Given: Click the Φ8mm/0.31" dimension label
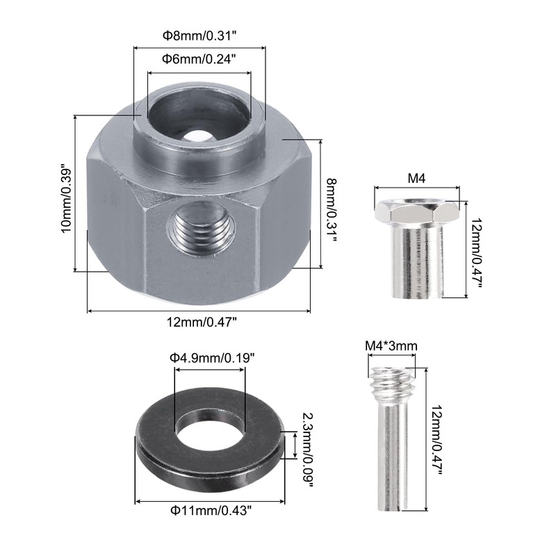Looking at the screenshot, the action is (x=199, y=36).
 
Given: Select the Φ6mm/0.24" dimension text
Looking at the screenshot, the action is (x=199, y=59).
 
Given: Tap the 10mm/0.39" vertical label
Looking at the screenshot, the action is (x=66, y=198).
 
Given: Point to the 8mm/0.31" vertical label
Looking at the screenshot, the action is (x=332, y=211).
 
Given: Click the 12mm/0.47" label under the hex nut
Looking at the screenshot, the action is (x=202, y=322).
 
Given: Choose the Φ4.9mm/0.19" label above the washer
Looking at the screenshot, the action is (x=212, y=358).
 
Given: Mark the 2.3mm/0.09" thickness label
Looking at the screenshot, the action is (x=307, y=450).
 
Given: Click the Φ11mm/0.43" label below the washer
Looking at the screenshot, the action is (x=211, y=511).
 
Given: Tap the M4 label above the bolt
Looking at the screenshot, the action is (x=416, y=178).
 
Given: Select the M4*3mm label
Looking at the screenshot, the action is (x=391, y=345).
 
